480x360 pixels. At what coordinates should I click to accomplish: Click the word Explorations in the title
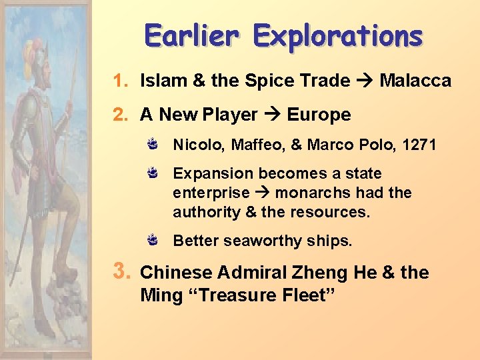[x=337, y=36]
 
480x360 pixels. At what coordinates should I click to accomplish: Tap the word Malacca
[x=415, y=81]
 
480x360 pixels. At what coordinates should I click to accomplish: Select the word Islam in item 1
[x=159, y=81]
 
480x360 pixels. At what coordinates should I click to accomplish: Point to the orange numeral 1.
[x=119, y=81]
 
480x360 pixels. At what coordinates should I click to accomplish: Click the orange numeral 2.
[x=119, y=115]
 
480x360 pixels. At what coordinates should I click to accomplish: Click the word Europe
[x=319, y=115]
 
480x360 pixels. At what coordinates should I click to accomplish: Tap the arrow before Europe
[x=272, y=115]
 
